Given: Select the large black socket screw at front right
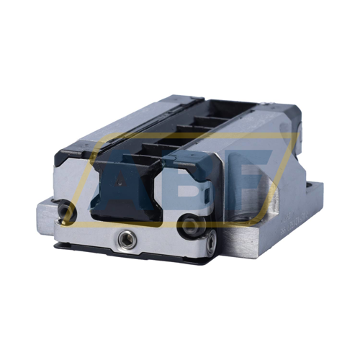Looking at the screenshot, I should point(189,228).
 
